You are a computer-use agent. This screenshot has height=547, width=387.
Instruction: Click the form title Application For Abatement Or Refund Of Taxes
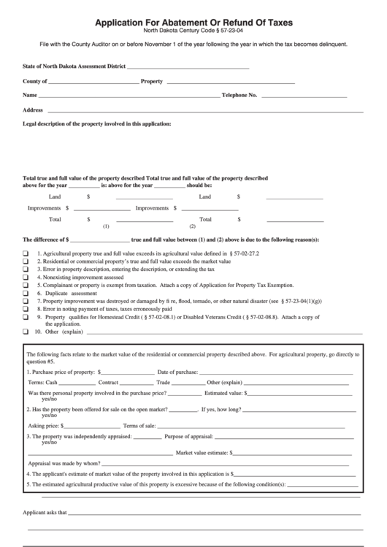[x=193, y=23]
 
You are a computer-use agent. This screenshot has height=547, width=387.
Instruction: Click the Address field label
[x=34, y=110]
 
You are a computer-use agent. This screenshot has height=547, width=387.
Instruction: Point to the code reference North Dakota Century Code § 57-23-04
[x=193, y=32]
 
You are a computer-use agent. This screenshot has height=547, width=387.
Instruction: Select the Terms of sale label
[x=139, y=426]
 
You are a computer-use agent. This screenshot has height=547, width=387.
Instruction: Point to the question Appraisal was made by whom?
[x=64, y=462]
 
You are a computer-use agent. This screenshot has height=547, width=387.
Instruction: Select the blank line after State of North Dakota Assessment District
[x=188, y=68]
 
